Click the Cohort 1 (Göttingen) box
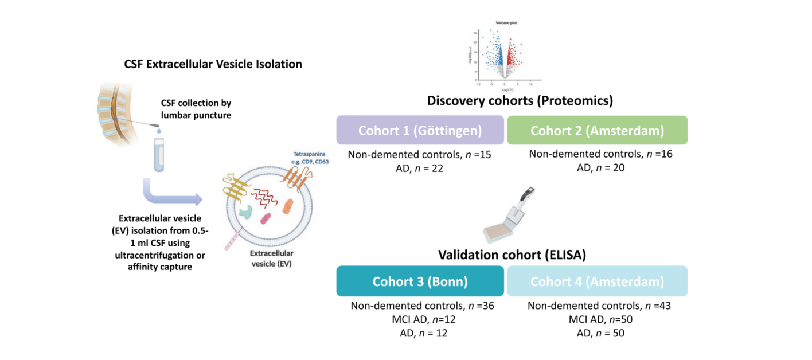coord(420,130)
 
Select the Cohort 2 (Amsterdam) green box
coord(597,130)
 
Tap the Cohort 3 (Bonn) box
coord(420,281)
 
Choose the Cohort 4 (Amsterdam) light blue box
coord(597,281)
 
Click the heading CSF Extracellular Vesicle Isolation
coord(213,64)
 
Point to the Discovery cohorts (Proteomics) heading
coord(520,101)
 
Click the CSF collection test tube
coord(157,152)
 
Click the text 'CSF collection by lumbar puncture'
coord(196,109)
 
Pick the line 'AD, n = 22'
coord(420,168)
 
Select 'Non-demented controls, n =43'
coord(599,306)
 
